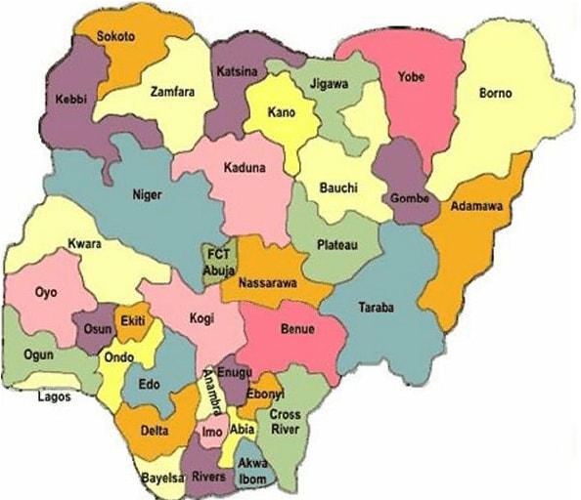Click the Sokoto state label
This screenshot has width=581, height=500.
coord(115,36)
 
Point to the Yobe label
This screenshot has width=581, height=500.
coord(410,76)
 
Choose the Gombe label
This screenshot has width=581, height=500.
coord(409,198)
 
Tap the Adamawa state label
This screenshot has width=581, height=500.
coord(475,207)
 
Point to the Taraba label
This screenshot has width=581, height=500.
coord(377,308)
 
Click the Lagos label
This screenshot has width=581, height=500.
coord(54,397)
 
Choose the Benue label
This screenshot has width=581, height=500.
coord(297,329)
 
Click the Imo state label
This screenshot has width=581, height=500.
coord(211,430)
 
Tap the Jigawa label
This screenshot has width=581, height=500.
coord(328,85)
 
